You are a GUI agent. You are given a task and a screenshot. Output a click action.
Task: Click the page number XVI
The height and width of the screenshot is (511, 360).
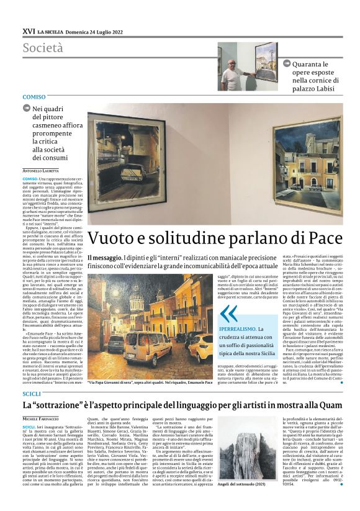point(28,30)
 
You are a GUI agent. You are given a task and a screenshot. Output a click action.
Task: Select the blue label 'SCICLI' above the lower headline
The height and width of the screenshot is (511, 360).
point(31,377)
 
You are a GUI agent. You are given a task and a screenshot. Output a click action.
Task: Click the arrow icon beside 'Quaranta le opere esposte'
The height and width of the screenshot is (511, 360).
point(287,63)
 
